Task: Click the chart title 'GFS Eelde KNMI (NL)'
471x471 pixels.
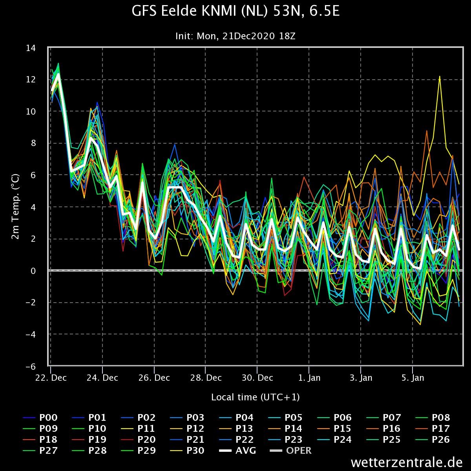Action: click(201, 11)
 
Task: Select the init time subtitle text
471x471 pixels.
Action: click(235, 36)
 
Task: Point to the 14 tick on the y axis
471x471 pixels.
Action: click(31, 48)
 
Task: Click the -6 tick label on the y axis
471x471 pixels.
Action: click(31, 367)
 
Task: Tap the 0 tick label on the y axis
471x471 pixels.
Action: click(33, 271)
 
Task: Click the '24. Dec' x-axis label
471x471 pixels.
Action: click(102, 378)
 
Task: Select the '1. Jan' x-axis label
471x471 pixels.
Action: click(309, 378)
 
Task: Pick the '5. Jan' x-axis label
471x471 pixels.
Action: click(413, 378)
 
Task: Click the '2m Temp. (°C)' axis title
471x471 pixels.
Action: click(15, 207)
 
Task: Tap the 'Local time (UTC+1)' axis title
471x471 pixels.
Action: click(256, 398)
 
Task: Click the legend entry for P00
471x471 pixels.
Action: click(40, 418)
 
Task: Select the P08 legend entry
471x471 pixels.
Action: click(433, 418)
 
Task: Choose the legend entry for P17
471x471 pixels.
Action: click(433, 429)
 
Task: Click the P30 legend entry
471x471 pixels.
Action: click(187, 451)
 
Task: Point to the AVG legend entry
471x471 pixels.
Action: click(237, 451)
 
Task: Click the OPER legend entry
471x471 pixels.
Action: click(291, 451)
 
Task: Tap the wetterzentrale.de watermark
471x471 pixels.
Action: click(407, 462)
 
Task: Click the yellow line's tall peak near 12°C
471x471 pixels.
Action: click(440, 77)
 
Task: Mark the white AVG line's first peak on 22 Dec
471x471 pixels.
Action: click(58, 74)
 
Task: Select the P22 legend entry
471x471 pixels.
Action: click(236, 440)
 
